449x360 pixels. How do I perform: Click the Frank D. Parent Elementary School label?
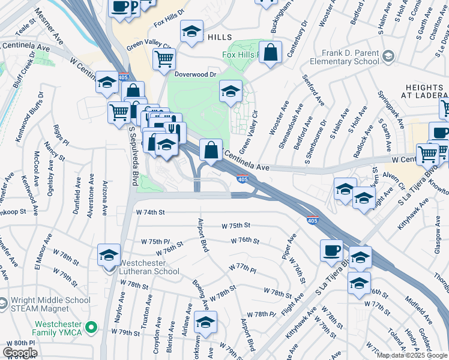[342, 57]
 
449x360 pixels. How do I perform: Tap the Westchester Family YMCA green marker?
[91, 328]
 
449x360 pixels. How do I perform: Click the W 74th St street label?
[150, 212]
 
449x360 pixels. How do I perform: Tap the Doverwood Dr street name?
[195, 74]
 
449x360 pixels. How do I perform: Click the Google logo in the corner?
[20, 352]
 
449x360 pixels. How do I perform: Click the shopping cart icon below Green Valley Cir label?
[163, 59]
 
